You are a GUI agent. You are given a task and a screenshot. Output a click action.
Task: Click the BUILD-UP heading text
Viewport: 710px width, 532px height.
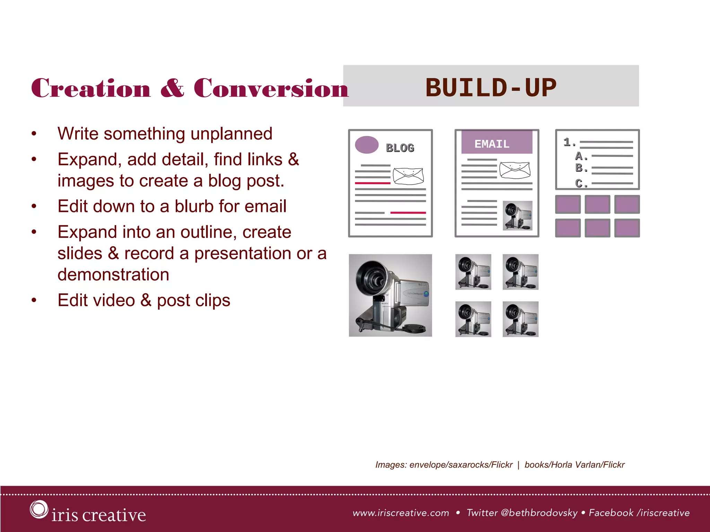point(491,87)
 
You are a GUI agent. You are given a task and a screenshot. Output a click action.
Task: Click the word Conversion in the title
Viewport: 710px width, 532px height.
point(271,88)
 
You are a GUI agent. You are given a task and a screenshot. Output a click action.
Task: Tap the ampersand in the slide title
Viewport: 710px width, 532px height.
point(172,88)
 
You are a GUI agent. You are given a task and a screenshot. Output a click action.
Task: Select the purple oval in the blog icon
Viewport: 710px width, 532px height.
point(366,145)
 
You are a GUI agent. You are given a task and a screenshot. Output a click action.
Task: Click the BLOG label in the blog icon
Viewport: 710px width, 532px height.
point(400,148)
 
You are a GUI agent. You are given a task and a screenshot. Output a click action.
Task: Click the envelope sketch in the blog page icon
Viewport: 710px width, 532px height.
point(408,176)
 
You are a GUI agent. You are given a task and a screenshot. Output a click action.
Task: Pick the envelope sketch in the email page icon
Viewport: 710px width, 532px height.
point(515,170)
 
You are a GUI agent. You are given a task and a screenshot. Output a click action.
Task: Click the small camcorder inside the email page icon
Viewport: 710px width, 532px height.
point(517,216)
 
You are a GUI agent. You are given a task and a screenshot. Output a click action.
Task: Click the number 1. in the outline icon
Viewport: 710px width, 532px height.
point(569,142)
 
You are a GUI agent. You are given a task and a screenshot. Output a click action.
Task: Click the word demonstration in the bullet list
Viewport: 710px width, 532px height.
point(113,275)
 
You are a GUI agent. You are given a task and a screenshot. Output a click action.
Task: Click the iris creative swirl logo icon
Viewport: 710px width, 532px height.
point(38,509)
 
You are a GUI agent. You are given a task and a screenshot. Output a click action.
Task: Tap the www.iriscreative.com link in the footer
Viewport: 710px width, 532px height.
point(401,513)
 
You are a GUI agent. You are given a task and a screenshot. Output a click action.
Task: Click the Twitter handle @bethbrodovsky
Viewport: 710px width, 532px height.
point(539,513)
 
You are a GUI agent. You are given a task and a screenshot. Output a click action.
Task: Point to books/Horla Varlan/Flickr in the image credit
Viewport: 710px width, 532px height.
point(574,465)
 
